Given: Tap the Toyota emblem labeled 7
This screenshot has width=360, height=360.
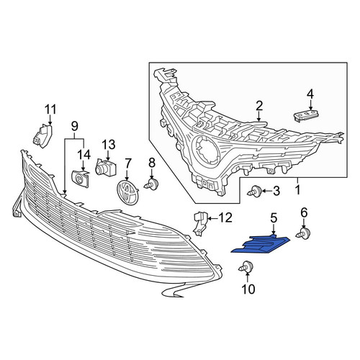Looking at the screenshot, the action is coord(127,193).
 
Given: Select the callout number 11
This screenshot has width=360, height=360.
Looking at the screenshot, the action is coord(50,109).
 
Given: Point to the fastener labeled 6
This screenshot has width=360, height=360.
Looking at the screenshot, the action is coord(304,233).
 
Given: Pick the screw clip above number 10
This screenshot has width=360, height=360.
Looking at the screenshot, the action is coord(246,266).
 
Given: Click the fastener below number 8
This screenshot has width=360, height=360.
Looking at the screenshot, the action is coord(151,184).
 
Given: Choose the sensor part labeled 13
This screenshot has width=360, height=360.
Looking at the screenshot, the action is coord(106,166).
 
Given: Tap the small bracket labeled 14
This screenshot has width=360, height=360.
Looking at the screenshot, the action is coord(81,178).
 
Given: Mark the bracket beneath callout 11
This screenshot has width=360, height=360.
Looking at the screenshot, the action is coord(42,135).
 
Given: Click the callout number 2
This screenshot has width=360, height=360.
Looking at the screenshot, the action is coord(259,107).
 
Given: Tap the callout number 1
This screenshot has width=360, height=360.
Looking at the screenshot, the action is coord(297,190).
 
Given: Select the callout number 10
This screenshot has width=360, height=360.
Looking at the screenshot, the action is coord(248,289).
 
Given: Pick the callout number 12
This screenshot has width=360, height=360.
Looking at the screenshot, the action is coord(225,217).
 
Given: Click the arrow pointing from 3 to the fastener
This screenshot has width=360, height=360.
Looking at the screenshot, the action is coord(266,192).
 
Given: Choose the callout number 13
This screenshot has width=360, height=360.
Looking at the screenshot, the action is coord(109,145).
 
